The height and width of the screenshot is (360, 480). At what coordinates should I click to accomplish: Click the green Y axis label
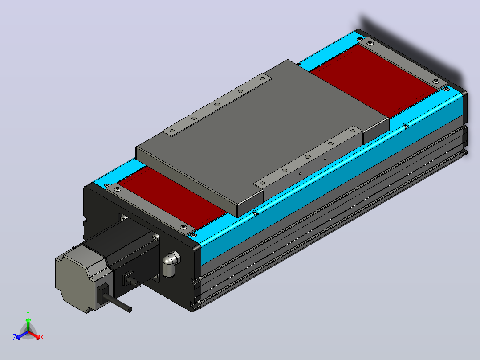[x=28, y=313]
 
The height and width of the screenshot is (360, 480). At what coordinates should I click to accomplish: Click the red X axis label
[x=42, y=337]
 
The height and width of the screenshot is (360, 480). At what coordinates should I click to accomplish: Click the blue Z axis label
[x=14, y=337]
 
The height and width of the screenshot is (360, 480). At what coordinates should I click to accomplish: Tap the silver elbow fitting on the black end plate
[x=171, y=263]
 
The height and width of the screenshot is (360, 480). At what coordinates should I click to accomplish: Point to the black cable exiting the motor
[x=118, y=302]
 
